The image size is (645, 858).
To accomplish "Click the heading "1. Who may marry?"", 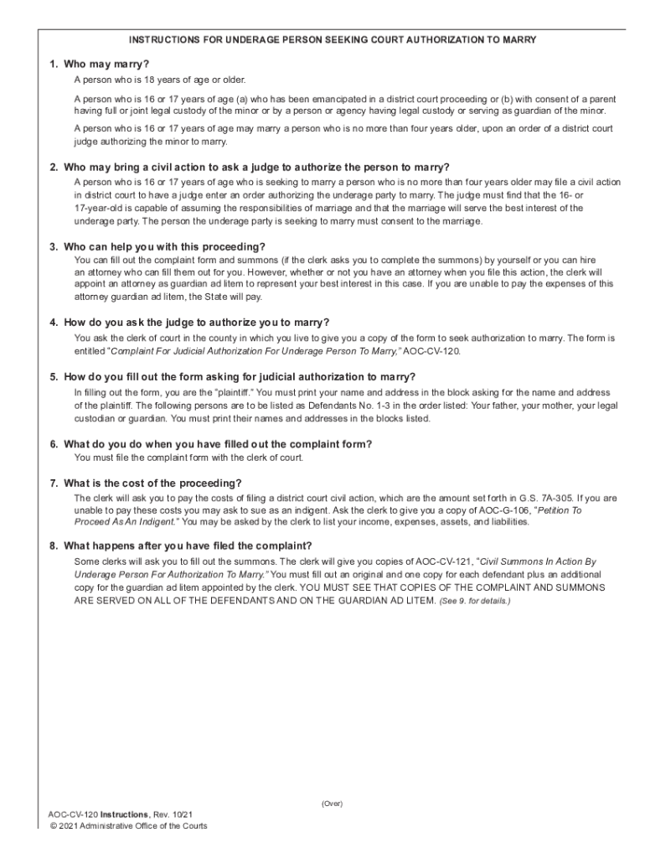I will pos(99,65).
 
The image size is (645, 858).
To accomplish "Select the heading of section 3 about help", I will pos(157,246).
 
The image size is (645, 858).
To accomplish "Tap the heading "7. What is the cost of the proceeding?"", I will pos(146,483).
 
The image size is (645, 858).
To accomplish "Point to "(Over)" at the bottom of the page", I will pos(332,804).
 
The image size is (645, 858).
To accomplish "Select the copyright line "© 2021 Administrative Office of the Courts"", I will pos(128,825).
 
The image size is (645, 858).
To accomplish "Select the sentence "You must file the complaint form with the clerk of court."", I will pos(188,457).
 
